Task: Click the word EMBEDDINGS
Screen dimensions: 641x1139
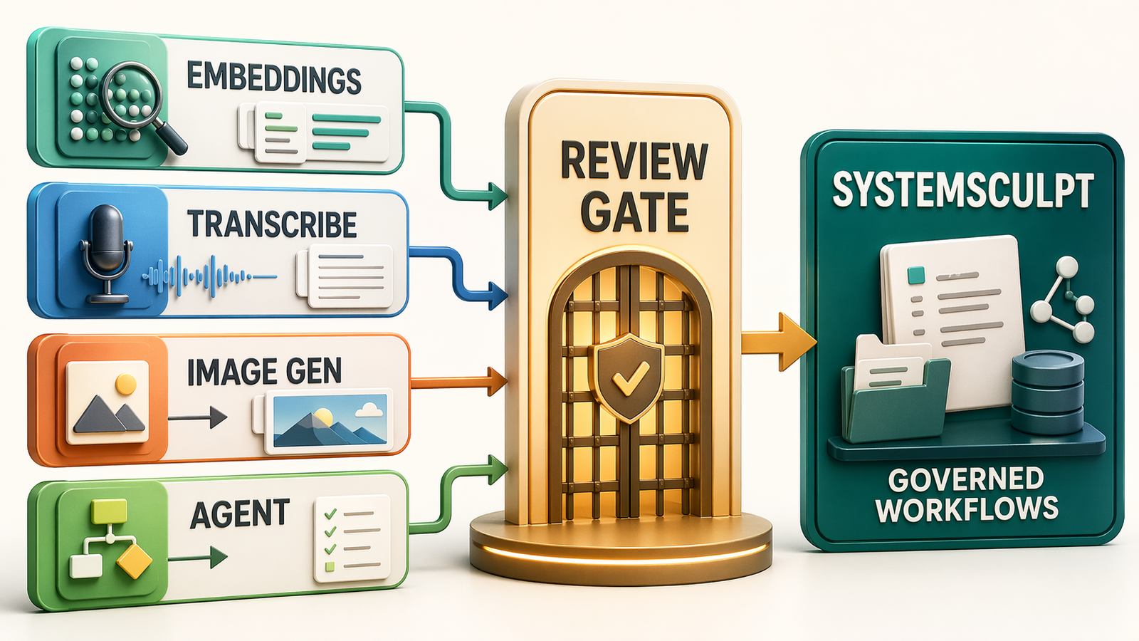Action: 274,78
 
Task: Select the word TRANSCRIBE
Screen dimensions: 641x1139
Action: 272,225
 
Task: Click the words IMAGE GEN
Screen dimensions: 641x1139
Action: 264,372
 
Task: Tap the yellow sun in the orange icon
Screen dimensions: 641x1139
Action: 125,383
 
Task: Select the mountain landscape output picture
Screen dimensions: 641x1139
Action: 329,419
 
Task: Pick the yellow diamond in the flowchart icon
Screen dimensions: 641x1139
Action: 134,561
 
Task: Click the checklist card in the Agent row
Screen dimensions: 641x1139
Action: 352,538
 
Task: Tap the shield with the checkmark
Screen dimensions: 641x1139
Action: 629,377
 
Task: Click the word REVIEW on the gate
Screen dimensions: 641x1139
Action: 634,162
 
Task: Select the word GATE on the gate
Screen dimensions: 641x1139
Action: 634,212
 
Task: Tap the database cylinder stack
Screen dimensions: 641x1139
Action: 1047,392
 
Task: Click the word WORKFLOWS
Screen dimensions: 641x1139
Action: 966,509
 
